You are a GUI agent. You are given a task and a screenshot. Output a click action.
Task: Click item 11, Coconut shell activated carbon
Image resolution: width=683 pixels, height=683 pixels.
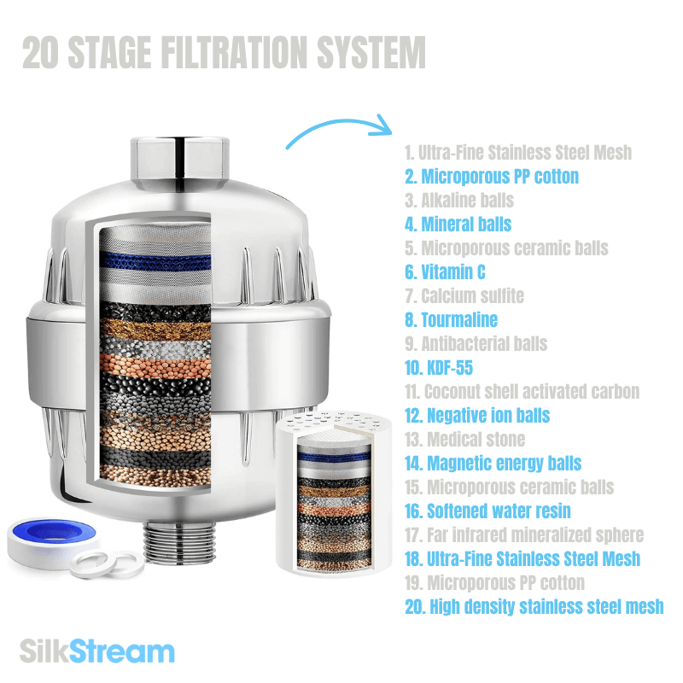[522, 392]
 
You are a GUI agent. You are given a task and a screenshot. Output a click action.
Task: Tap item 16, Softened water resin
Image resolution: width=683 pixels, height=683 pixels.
[487, 511]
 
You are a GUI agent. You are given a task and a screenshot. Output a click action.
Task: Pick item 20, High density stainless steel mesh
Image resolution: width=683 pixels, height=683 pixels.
[534, 607]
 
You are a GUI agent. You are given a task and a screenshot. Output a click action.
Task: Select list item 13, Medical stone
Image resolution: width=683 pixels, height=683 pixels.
[464, 440]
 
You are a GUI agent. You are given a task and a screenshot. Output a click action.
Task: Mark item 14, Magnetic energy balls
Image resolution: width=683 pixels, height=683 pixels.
[493, 464]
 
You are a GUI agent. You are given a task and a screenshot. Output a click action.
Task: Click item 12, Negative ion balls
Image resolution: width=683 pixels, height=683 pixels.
[476, 416]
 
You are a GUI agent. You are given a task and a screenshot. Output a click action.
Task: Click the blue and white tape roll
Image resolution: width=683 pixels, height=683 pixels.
[39, 534]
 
